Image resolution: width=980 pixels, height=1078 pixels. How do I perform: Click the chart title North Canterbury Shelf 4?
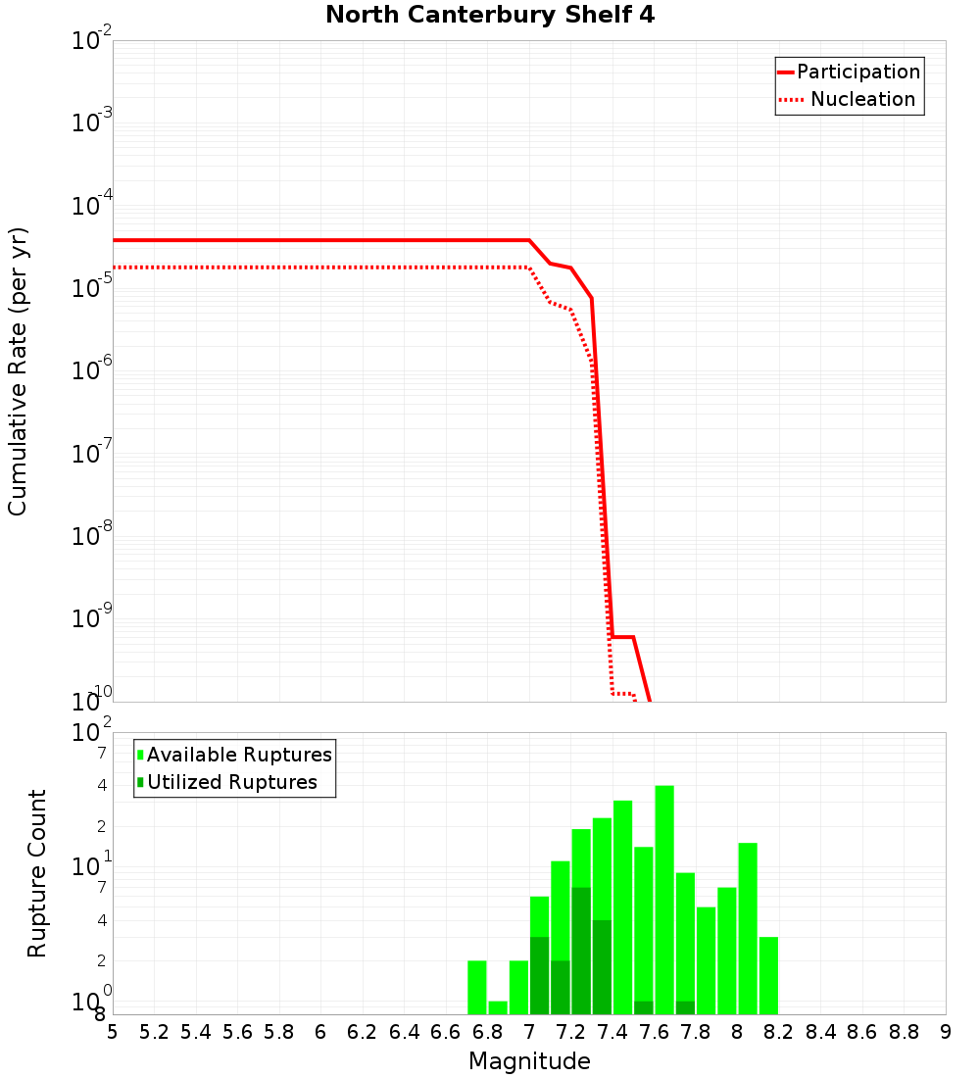point(490,16)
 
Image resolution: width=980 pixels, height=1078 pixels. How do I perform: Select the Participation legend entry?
point(857,72)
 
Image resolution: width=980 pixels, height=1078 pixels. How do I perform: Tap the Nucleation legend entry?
point(861,99)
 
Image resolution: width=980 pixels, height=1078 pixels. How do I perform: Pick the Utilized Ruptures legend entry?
point(231,782)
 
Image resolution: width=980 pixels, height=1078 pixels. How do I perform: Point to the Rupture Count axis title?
point(37,872)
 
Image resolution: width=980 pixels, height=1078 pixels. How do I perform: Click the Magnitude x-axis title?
point(529,1061)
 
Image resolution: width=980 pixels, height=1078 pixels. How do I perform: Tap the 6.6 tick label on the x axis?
point(446,1032)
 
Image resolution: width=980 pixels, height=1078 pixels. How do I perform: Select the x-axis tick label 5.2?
point(155,1032)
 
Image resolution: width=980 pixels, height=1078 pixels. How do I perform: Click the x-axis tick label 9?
point(945,1032)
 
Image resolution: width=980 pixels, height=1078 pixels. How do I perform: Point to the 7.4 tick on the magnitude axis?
point(612,1032)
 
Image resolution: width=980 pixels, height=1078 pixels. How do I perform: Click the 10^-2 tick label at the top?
point(92,41)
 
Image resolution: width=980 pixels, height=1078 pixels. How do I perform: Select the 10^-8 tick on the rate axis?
point(92,536)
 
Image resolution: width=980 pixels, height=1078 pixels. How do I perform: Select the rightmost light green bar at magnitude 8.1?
point(768,975)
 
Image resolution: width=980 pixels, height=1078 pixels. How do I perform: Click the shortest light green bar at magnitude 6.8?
point(498,1007)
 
